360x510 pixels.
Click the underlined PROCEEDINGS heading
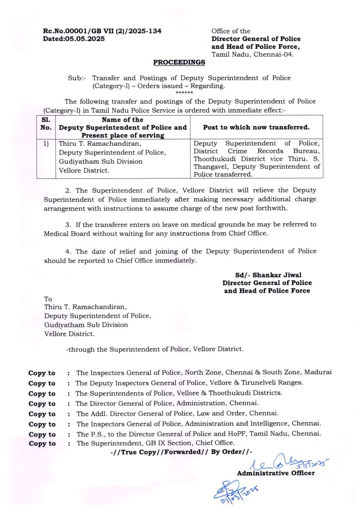[x=179, y=62]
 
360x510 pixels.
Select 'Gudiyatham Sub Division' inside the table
[x=100, y=161]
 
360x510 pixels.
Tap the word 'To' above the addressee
[x=48, y=298]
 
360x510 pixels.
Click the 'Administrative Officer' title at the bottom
[x=276, y=473]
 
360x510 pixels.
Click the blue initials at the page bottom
[x=236, y=489]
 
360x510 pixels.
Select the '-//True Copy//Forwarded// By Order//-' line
[x=180, y=452]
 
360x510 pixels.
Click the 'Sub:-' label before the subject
[x=77, y=78]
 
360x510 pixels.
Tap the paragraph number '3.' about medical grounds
[x=69, y=224]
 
